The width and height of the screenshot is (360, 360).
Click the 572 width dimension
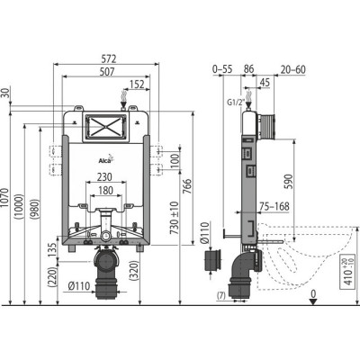point(108,58)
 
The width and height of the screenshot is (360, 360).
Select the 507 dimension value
point(107,71)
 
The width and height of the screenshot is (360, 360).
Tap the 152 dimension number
point(137,84)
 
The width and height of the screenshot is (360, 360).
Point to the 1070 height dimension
point(5,198)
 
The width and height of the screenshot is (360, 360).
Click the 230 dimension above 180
point(104,176)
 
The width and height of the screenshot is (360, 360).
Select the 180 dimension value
point(105,190)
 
